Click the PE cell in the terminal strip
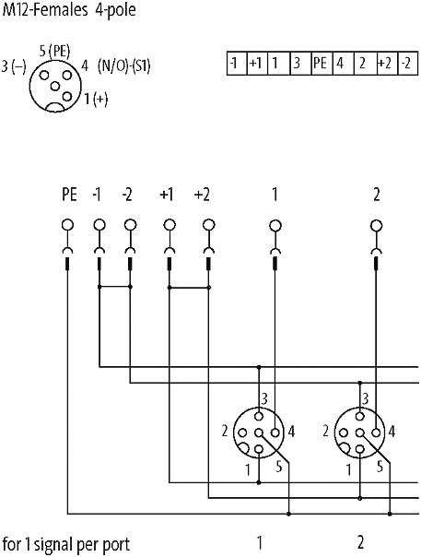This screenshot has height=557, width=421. click(x=322, y=64)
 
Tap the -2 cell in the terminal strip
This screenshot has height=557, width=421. click(x=408, y=64)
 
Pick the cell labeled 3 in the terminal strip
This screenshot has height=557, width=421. click(x=300, y=64)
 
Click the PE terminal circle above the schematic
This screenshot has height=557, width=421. click(x=67, y=225)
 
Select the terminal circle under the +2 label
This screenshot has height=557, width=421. click(x=209, y=225)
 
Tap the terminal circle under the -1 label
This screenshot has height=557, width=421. click(x=99, y=225)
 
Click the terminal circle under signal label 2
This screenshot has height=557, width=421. click(x=376, y=225)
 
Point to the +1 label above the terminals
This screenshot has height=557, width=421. click(x=167, y=195)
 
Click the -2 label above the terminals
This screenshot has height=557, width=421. click(x=127, y=195)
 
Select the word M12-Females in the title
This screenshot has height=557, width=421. click(x=45, y=9)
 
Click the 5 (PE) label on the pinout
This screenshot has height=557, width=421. click(x=54, y=52)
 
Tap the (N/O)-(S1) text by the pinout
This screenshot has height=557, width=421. click(x=123, y=66)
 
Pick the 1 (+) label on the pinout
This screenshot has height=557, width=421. click(x=96, y=99)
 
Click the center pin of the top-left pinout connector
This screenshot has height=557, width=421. click(x=55, y=87)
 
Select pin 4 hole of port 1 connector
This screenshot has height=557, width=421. click(x=275, y=433)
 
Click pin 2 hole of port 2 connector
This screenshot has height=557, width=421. click(x=344, y=433)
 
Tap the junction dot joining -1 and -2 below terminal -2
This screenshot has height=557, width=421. click(x=130, y=287)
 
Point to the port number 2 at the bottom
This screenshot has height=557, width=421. click(x=360, y=542)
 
